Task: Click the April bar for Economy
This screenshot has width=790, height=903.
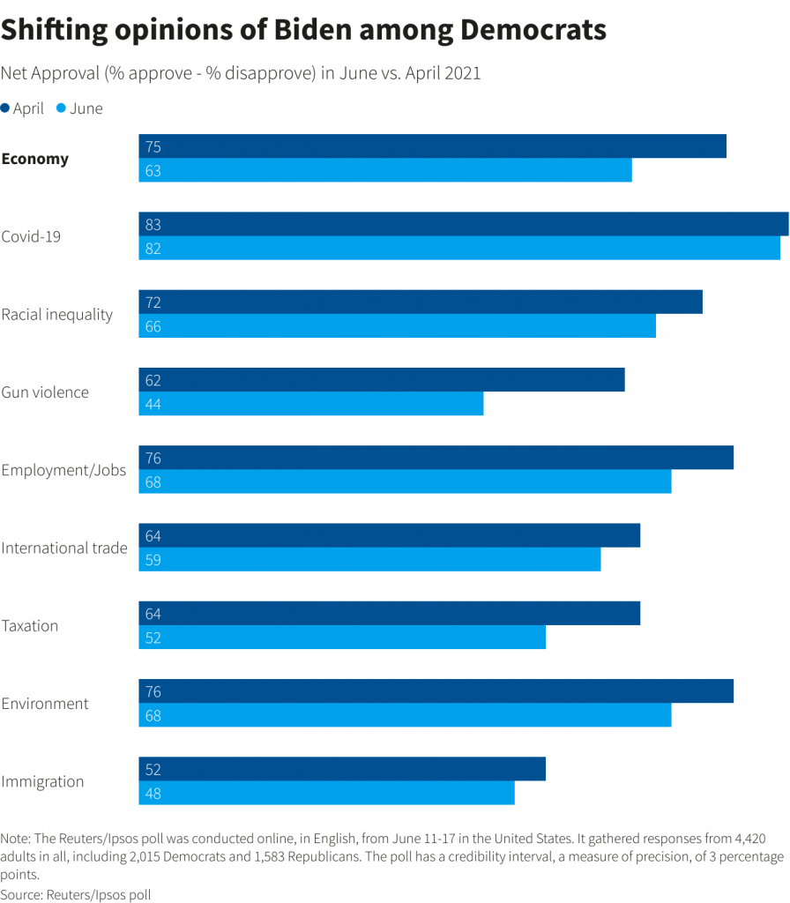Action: pyautogui.click(x=432, y=146)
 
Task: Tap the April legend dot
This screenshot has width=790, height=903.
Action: pyautogui.click(x=6, y=108)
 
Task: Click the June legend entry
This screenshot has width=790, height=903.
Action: pyautogui.click(x=79, y=108)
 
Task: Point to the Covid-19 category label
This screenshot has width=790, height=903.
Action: pyautogui.click(x=31, y=236)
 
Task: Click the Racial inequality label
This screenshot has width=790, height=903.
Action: pyautogui.click(x=57, y=315)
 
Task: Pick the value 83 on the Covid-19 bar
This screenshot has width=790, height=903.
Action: pyautogui.click(x=153, y=225)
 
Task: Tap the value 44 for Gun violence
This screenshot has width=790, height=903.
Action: pyautogui.click(x=153, y=405)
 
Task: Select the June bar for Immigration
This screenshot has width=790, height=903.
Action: pyautogui.click(x=326, y=793)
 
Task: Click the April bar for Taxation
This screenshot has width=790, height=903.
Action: pyautogui.click(x=389, y=613)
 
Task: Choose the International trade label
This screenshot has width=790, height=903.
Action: pyautogui.click(x=64, y=548)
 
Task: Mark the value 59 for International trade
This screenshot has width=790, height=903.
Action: pyautogui.click(x=153, y=560)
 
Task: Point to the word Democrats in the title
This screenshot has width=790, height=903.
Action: pyautogui.click(x=533, y=30)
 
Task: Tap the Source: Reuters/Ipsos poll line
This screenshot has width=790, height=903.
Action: pyautogui.click(x=76, y=894)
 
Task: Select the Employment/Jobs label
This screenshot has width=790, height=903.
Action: pyautogui.click(x=63, y=470)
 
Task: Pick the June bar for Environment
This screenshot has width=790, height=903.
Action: pyautogui.click(x=405, y=715)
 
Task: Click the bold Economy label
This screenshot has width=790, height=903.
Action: pyautogui.click(x=35, y=160)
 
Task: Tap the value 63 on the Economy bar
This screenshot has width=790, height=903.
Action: pyautogui.click(x=153, y=171)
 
